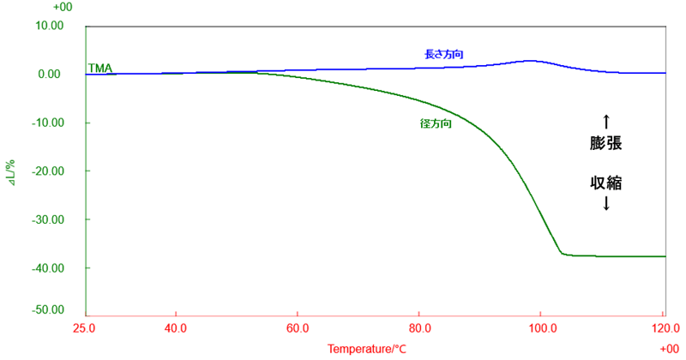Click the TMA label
click(100, 67)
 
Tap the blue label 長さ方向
click(444, 54)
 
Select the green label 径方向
click(436, 123)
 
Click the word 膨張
click(605, 143)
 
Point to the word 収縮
click(605, 183)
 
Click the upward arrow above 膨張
click(605, 120)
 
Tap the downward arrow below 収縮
click(605, 204)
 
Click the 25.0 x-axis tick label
click(85, 327)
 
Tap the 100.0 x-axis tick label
click(541, 327)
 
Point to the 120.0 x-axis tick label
click(664, 327)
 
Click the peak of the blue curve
click(530, 61)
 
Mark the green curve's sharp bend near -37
click(562, 254)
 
